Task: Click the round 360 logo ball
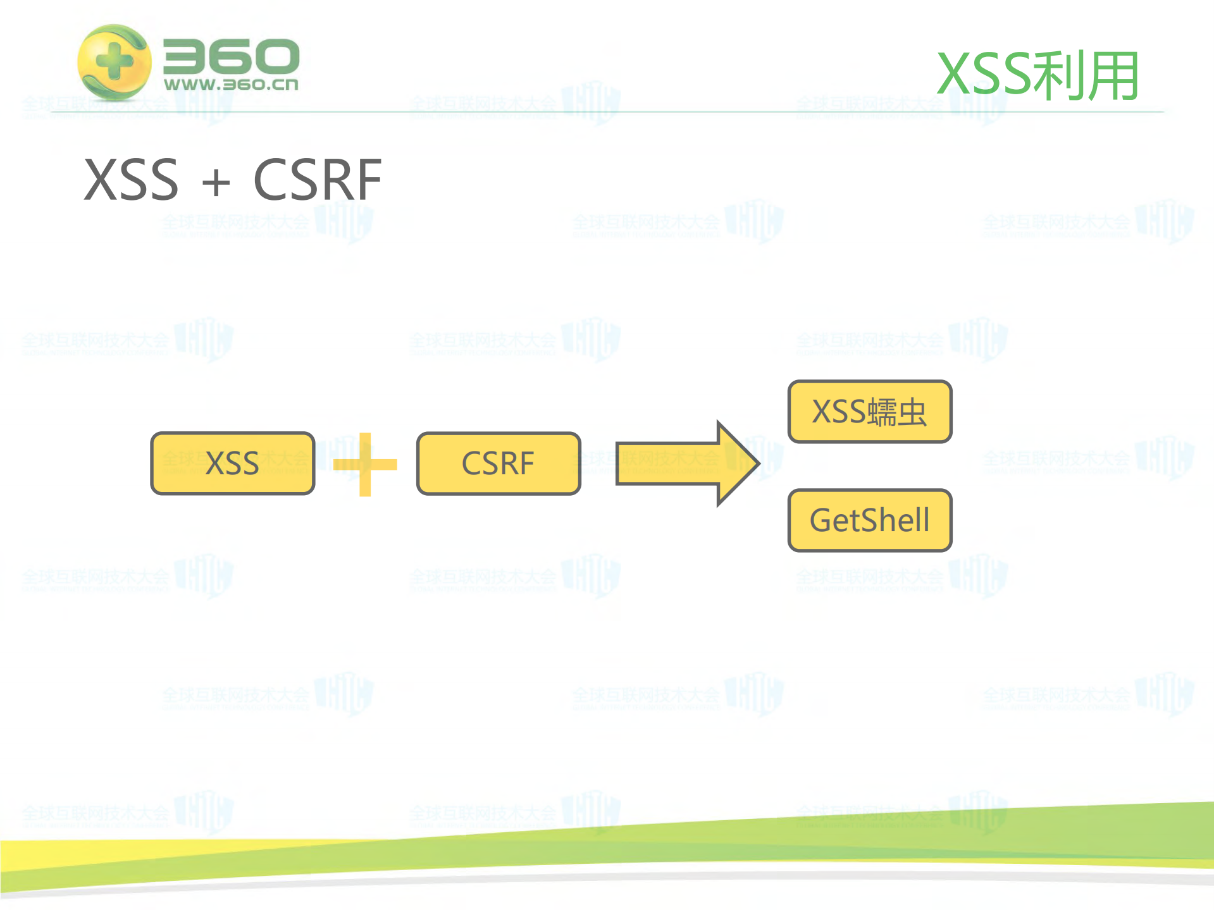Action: pos(114,62)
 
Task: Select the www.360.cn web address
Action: pos(231,84)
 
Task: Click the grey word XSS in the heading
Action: pos(132,180)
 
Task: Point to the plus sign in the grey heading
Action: pos(216,183)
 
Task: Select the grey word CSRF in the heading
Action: pos(318,180)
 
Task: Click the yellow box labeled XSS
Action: pos(232,464)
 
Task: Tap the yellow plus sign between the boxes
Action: pos(365,465)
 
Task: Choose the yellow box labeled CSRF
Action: pos(499,464)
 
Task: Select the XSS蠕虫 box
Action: pos(870,412)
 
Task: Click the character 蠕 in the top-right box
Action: pos(883,412)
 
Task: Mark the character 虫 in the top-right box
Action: pos(912,412)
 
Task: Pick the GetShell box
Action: pos(870,520)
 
